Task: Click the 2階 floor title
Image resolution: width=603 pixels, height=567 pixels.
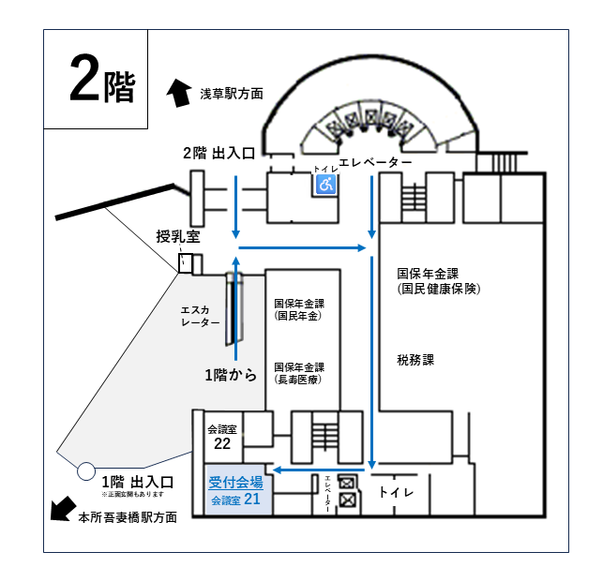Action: point(101,84)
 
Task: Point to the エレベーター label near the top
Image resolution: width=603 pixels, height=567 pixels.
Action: point(375,163)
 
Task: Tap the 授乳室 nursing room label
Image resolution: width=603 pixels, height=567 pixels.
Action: point(178,238)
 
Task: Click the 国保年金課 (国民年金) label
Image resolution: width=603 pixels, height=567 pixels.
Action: point(299,310)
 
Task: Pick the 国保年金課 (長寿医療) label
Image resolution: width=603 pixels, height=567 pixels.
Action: point(299,373)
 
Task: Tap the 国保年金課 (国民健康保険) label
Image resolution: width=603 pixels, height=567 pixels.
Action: point(438,281)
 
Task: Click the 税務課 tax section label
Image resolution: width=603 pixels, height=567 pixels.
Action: point(415,359)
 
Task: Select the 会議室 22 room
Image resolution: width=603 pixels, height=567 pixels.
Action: point(222,436)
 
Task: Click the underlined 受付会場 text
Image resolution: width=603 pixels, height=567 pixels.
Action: point(235,483)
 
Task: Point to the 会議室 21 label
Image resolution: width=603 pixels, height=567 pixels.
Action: point(235,500)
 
